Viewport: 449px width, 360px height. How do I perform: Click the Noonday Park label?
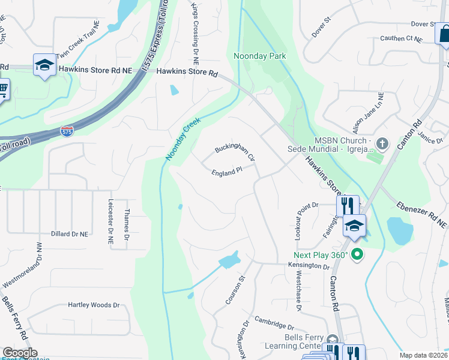coord(259,56)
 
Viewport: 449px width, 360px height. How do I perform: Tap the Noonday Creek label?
coord(182,139)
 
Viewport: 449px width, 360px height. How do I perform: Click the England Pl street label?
coord(226,172)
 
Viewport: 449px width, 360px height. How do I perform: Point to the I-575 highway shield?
coord(67,131)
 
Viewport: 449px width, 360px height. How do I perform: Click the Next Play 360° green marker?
coord(358,254)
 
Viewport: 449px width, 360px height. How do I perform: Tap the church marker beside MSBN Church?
coord(383,144)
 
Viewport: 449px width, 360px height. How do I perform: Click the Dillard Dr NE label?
coord(70,233)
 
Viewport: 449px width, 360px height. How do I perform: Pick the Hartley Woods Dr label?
coord(93,305)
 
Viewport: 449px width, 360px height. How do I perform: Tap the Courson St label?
coord(235,290)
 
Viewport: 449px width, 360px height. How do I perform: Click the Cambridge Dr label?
coord(274,323)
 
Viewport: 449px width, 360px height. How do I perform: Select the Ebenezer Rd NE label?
coord(421,214)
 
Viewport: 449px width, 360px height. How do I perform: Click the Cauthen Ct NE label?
coord(401,38)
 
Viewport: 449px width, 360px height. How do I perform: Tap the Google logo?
coord(19,353)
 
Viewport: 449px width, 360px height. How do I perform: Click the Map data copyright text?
coord(424,355)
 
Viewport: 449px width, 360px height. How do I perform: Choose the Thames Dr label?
coord(126,220)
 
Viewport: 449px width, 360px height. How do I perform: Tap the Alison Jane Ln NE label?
coord(368,113)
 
